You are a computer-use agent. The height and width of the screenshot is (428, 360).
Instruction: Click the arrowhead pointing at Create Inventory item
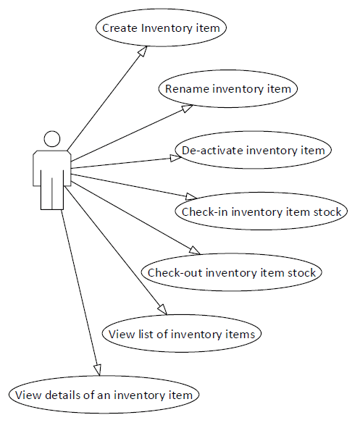point(143,51)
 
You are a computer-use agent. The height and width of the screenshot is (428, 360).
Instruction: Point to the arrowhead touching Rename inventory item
point(188,109)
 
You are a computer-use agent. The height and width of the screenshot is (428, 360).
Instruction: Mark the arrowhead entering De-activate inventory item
point(175,158)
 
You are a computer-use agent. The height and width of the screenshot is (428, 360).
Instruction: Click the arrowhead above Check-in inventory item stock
point(191,196)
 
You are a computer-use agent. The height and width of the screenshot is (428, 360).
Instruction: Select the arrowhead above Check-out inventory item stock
point(195,251)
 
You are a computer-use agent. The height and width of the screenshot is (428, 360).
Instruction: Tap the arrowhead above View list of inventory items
point(163,309)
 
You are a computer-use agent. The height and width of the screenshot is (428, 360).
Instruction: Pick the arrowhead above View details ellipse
point(98,370)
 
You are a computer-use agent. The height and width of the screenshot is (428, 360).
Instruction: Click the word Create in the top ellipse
point(120,28)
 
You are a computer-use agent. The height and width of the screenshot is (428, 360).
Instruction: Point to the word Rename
point(187,89)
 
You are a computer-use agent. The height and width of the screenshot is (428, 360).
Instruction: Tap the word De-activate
point(212,150)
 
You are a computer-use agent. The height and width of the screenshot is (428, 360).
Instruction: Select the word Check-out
point(175,272)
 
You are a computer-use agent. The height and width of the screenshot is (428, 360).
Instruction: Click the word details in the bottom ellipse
point(62,395)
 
